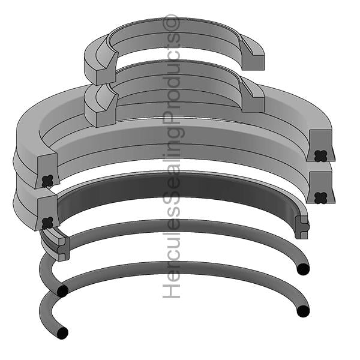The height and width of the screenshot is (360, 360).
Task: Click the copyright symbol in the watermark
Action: (171, 22)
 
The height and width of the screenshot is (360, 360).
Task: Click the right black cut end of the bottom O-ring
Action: (303, 311)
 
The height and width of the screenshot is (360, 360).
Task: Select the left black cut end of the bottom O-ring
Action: (62, 332)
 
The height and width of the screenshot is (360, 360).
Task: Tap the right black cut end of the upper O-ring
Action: (303, 269)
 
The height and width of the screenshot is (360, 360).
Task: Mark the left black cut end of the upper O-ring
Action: (62, 291)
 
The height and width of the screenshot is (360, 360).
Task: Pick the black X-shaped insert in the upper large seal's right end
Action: (321, 156)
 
